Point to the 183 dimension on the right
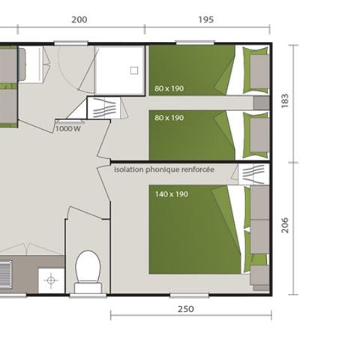click(x=284, y=101)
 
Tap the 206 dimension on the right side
click(x=284, y=225)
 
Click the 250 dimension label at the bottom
click(x=186, y=309)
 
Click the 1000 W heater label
click(x=67, y=128)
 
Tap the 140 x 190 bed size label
click(x=172, y=194)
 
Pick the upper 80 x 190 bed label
click(x=169, y=88)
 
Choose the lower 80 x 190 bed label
click(x=169, y=117)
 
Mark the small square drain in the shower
click(x=134, y=70)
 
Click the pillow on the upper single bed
click(x=258, y=70)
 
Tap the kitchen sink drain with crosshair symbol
click(x=51, y=280)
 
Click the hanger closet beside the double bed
click(x=252, y=174)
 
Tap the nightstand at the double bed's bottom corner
click(x=260, y=276)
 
